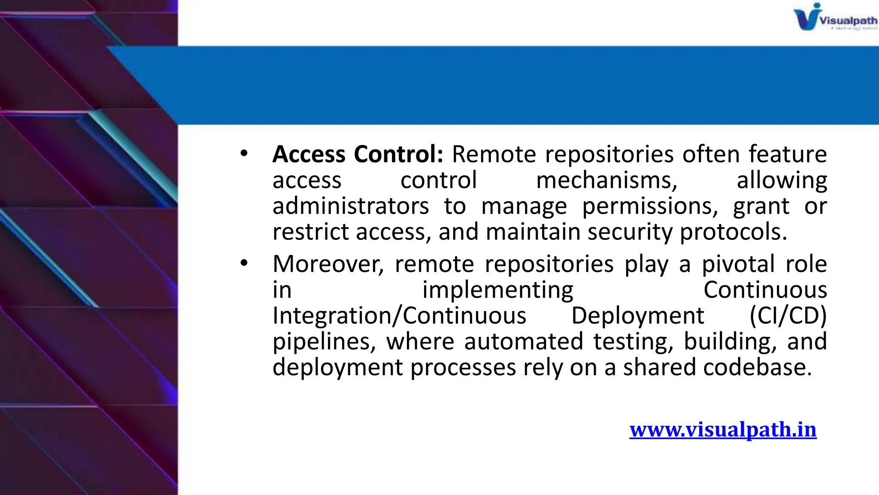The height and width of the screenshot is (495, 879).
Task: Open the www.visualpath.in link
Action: [x=723, y=430]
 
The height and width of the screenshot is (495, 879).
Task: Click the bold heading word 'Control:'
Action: [x=398, y=154]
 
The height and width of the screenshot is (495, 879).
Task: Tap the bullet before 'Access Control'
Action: [x=244, y=153]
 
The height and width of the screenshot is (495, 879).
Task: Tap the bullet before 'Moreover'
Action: [x=244, y=263]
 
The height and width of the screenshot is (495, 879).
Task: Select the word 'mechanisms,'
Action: [x=606, y=180]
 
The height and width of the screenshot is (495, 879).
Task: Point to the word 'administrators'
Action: [x=351, y=206]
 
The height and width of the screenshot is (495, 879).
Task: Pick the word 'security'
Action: [x=630, y=232]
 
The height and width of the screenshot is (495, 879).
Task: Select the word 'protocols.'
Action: [x=734, y=232]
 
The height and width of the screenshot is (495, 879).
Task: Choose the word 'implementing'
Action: [x=498, y=290]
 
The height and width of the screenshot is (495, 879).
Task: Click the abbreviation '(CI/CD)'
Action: [x=788, y=316]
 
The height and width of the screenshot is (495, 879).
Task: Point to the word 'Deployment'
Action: [x=638, y=316]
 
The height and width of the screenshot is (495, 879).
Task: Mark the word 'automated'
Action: [x=524, y=342]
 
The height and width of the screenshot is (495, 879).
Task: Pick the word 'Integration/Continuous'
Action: [x=399, y=316]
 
